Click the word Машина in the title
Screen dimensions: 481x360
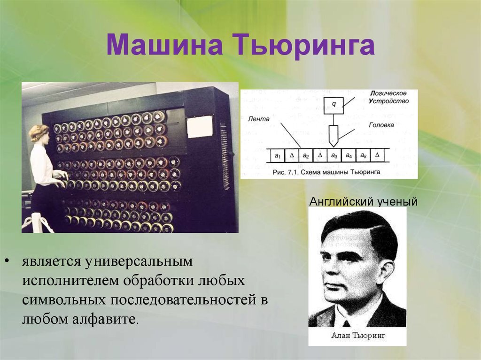[164, 46]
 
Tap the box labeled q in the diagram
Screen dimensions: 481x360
[334, 105]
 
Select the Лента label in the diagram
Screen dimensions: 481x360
[258, 119]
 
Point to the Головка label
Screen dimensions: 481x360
[381, 125]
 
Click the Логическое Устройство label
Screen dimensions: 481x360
[389, 97]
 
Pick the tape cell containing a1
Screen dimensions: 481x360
[278, 156]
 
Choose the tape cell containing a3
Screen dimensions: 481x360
[334, 156]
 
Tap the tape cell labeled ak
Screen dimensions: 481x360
[363, 156]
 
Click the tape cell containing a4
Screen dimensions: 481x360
[349, 156]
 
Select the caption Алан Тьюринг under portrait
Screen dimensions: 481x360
[358, 335]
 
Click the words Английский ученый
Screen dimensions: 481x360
[364, 201]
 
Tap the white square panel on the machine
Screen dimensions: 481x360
[199, 127]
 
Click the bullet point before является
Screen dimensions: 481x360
[7, 261]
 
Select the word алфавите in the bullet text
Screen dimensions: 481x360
[106, 319]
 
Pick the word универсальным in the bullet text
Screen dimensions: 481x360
[139, 261]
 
